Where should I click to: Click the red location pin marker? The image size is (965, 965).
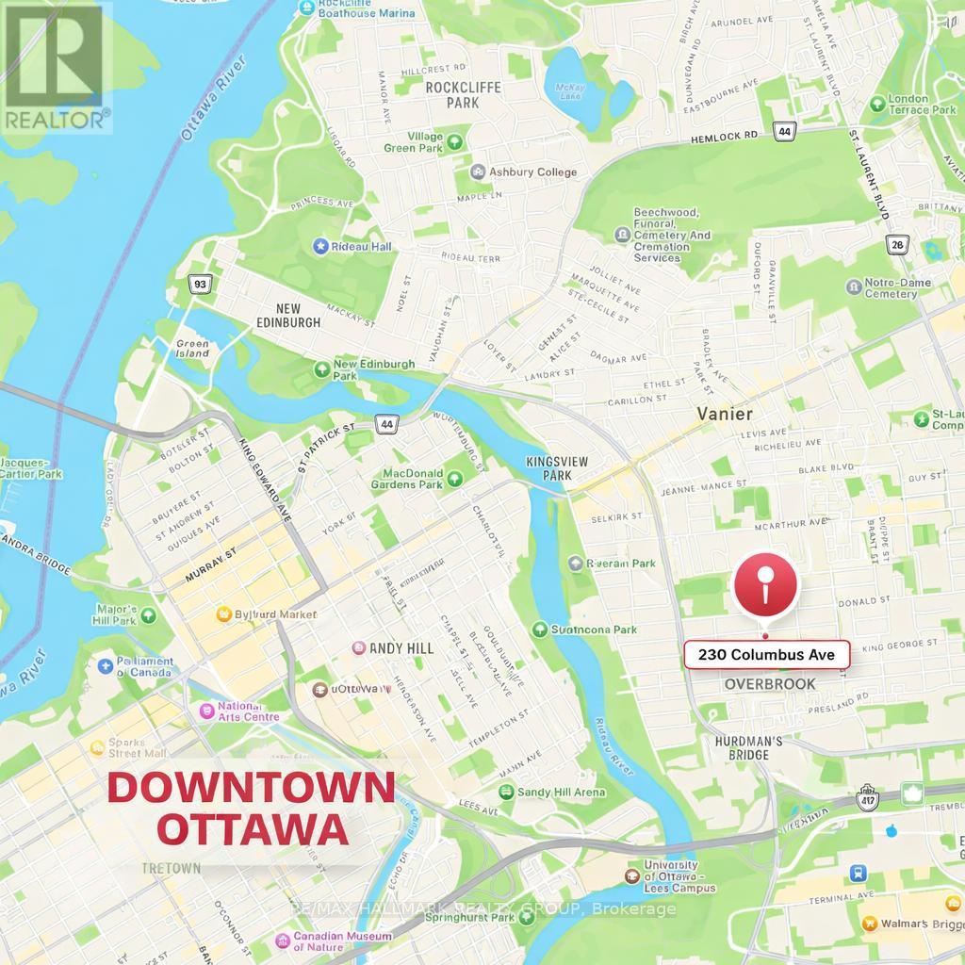point(765,586)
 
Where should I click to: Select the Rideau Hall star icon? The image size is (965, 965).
point(320,246)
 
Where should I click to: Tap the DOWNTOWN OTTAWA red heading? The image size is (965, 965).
point(250,809)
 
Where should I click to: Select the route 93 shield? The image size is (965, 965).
point(200,283)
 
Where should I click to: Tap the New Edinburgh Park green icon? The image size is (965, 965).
point(322,366)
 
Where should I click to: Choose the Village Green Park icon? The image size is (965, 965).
point(455,142)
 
